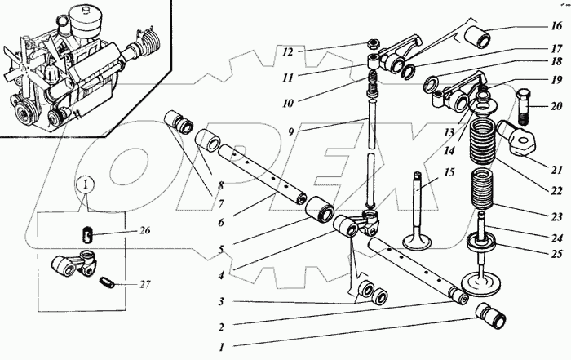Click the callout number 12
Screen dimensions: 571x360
pyautogui.click(x=288, y=52)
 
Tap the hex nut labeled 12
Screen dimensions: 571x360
pyautogui.click(x=374, y=44)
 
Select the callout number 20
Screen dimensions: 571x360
pyautogui.click(x=556, y=106)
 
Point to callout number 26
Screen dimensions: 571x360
pyautogui.click(x=144, y=231)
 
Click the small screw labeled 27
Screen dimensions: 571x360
pyautogui.click(x=107, y=282)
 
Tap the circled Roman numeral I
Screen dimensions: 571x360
pyautogui.click(x=86, y=184)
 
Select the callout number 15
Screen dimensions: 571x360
pyautogui.click(x=449, y=172)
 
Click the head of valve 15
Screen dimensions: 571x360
pyautogui.click(x=417, y=242)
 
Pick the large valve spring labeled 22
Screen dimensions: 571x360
pyautogui.click(x=483, y=141)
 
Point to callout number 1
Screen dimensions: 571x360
pyautogui.click(x=222, y=347)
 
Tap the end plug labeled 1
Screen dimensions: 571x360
pyautogui.click(x=491, y=316)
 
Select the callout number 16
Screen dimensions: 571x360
pyautogui.click(x=556, y=26)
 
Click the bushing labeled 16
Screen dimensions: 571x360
pyautogui.click(x=477, y=37)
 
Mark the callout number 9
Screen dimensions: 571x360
pyautogui.click(x=290, y=131)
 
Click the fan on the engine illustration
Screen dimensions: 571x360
pyautogui.click(x=23, y=68)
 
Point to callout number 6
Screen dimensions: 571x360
pyautogui.click(x=221, y=222)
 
